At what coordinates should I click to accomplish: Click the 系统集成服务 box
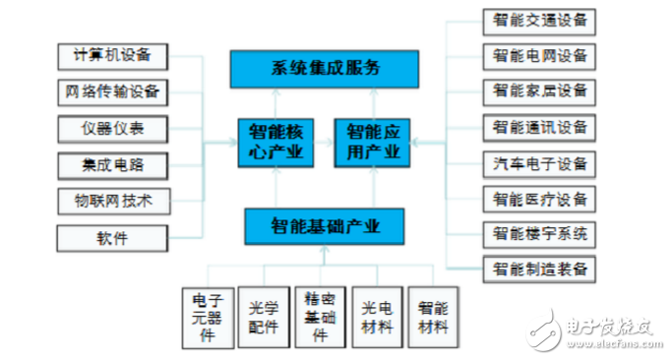(x=324, y=68)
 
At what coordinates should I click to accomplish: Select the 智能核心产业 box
(x=274, y=142)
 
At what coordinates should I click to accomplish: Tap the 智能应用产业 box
(x=372, y=142)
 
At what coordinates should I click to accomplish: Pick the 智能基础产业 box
(x=324, y=225)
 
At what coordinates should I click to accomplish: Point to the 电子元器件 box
(x=208, y=317)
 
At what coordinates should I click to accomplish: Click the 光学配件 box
(x=265, y=317)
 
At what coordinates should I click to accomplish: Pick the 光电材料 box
(x=377, y=317)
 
